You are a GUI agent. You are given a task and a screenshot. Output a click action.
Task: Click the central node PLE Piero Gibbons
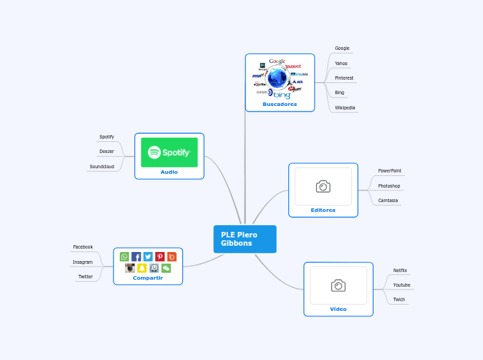[244, 239]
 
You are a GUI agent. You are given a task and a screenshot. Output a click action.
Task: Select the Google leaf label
[342, 48]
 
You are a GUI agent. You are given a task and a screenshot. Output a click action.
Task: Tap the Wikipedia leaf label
[344, 108]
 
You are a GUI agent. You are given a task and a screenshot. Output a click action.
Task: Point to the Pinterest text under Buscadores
[344, 78]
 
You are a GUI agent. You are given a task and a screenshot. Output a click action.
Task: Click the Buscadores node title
[279, 105]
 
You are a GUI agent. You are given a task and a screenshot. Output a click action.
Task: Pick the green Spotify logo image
[169, 152]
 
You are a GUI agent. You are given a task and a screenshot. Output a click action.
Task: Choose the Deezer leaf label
[106, 151]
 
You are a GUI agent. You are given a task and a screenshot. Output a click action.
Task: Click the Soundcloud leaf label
[101, 167]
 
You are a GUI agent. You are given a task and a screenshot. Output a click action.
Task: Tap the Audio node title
[169, 172]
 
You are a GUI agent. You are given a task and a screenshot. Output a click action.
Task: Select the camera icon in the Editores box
[323, 186]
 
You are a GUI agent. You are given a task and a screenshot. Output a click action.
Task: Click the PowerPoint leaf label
[389, 170]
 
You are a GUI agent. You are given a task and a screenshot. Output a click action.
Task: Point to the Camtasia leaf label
[387, 200]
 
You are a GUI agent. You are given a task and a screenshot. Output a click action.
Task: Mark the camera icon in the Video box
[338, 285]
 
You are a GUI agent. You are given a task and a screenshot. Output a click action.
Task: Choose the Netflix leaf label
[400, 270]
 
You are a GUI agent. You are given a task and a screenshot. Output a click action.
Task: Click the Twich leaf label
[399, 300]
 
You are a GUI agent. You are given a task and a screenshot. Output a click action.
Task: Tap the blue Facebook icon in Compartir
[137, 257]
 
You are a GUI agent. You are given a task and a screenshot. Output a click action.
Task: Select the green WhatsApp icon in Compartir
[125, 257]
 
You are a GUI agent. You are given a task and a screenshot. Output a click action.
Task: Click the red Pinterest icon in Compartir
[160, 257]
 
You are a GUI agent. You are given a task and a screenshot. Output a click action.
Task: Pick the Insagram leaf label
[82, 262]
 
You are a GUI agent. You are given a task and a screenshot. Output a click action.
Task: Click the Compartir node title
[148, 278]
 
